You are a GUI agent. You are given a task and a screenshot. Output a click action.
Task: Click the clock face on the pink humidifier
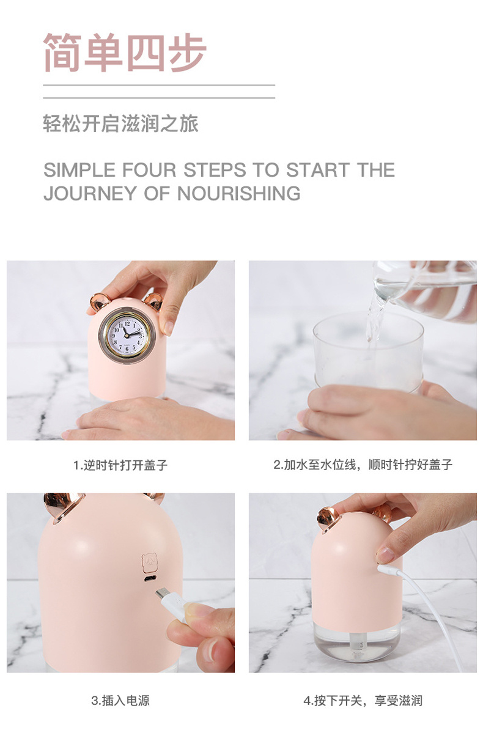click(127, 334)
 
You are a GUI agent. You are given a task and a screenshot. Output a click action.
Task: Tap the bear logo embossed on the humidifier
click(149, 563)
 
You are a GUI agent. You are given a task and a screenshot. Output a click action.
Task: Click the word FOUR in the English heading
click(149, 170)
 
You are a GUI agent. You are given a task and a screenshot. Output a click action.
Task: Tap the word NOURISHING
click(239, 193)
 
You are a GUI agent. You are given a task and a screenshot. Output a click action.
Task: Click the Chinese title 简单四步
click(125, 53)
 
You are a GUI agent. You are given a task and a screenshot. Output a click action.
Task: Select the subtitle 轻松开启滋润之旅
click(120, 123)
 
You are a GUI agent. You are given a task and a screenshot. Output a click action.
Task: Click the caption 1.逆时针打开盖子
click(120, 465)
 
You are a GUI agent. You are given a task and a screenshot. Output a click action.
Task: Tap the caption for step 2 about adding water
click(363, 465)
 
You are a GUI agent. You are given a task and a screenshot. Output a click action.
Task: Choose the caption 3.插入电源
click(120, 701)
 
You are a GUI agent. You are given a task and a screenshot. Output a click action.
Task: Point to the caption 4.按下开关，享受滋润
click(363, 701)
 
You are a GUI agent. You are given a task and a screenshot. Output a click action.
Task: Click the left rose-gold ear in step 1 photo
click(100, 302)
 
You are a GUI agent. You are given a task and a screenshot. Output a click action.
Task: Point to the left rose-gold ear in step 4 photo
click(328, 519)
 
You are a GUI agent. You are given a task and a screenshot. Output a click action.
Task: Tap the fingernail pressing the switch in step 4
click(385, 555)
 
